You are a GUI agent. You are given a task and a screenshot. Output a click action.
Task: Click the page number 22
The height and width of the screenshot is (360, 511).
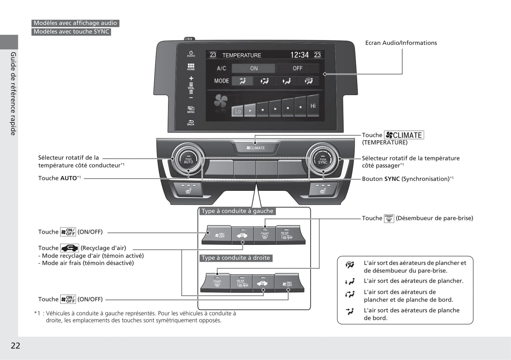pos(16,346)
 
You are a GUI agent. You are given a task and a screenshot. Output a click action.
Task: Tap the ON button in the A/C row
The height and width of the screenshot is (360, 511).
pos(254,68)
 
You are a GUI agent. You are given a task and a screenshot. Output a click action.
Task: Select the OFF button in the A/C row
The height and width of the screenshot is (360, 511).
pos(297,68)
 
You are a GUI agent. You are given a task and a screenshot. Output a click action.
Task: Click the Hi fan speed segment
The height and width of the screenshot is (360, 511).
pos(313,106)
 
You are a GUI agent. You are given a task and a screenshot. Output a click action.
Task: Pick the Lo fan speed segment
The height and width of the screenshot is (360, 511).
pos(238,111)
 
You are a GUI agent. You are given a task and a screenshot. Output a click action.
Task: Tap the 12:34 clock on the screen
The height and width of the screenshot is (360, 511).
pos(299,55)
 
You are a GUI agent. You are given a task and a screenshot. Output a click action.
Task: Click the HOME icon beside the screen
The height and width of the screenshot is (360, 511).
pos(191,67)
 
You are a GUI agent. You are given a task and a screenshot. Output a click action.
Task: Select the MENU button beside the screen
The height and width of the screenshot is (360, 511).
pos(191,110)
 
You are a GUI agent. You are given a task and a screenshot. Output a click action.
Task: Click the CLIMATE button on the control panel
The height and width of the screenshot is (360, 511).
pos(255,148)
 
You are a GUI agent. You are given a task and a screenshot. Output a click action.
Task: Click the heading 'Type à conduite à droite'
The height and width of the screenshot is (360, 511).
pos(236,258)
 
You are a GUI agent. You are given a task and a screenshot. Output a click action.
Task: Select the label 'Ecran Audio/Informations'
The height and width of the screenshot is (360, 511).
pos(401,43)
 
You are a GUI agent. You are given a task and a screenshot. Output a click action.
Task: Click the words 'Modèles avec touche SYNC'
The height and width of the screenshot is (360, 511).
pos(71,32)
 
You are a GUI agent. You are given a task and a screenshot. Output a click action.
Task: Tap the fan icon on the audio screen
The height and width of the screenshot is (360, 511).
pos(221,102)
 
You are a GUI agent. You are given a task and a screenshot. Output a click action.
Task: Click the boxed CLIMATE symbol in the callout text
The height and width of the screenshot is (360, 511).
pos(404,135)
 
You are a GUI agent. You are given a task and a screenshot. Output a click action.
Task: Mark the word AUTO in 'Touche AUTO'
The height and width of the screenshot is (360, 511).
pos(68,178)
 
